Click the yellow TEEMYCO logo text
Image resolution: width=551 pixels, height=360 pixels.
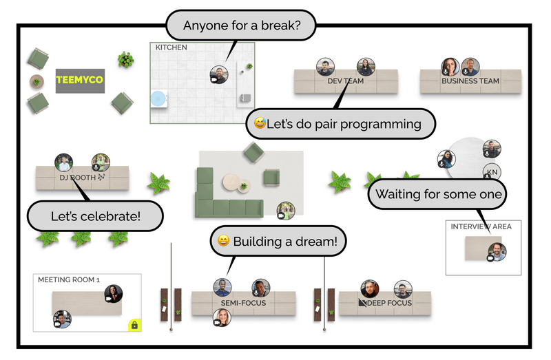coord(79,81)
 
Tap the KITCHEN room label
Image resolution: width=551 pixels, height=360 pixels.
coord(171,47)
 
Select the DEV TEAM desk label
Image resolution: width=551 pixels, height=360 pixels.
coord(345,81)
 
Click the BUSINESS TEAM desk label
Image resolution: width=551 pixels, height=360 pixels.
coord(470,81)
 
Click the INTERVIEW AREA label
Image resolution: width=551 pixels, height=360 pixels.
coord(481,226)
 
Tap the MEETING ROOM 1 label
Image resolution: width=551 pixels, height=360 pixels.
coord(69,280)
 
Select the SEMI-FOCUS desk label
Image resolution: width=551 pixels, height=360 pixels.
coord(243,303)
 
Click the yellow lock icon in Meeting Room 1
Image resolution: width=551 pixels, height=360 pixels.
coord(134,325)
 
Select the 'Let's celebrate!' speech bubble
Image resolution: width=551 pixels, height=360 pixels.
coord(95,216)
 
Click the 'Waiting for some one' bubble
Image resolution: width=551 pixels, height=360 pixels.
coord(439,195)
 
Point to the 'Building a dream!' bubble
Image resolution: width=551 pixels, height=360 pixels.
coord(278,242)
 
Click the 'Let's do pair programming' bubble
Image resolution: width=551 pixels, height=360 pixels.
coord(342,125)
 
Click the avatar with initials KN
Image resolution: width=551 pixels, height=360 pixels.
coord(491,172)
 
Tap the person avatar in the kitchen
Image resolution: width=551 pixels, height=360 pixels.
coord(218,74)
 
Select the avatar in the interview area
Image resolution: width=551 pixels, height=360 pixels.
coord(497,252)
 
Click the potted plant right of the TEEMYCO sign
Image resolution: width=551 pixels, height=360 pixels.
coord(125,59)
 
